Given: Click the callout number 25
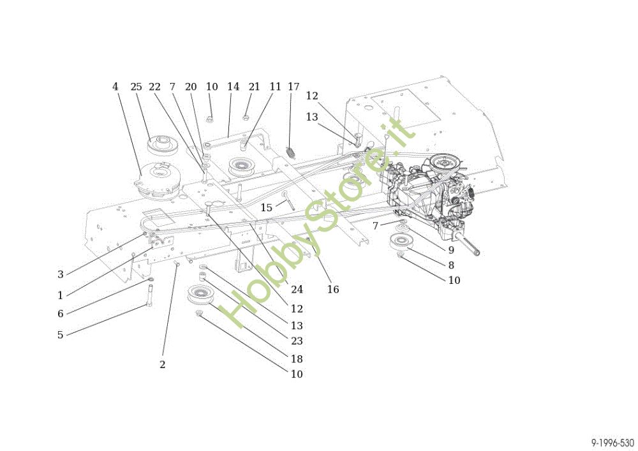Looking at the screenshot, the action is (x=136, y=87).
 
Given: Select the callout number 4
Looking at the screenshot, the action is (x=115, y=87).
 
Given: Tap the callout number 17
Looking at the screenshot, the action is (x=293, y=87).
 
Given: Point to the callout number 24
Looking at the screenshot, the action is (x=297, y=290).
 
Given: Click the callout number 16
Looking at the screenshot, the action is (x=333, y=290).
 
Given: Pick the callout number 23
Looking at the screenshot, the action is (x=297, y=341).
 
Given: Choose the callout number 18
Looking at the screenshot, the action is (x=297, y=359).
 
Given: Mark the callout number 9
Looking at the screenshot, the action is (x=451, y=250).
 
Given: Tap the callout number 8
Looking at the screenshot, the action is (x=451, y=265).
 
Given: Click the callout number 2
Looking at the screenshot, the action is (x=162, y=365).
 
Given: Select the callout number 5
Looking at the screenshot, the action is (x=61, y=334).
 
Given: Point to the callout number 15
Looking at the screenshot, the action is (x=266, y=208).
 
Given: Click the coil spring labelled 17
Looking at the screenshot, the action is (x=291, y=152).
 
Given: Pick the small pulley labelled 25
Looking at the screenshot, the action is (x=156, y=144).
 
